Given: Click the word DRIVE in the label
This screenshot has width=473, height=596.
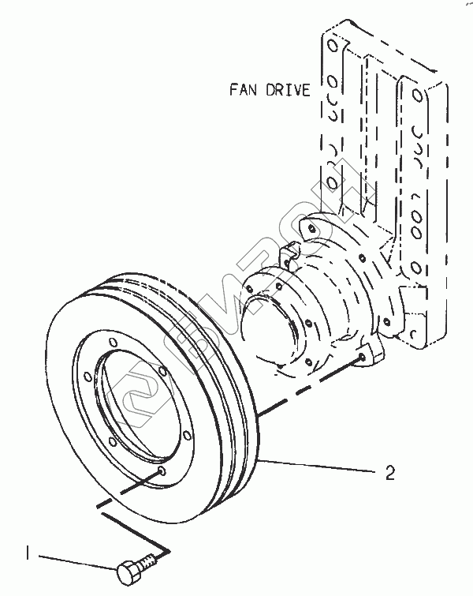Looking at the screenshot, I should click(289, 89).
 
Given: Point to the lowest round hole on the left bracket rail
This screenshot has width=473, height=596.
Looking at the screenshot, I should click(333, 184).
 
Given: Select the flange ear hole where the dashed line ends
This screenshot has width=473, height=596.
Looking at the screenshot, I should click(361, 358).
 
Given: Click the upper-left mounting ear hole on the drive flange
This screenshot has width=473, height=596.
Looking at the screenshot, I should click(314, 229).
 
